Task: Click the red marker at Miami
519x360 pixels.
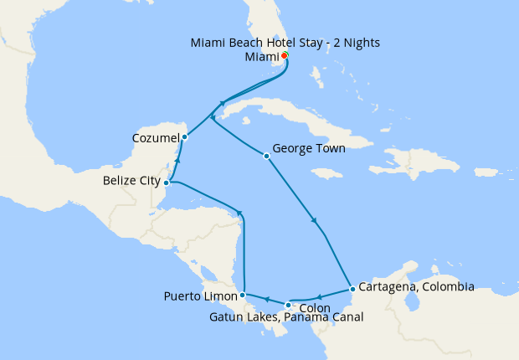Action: (x=285, y=55)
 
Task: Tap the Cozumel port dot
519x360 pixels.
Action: (x=184, y=136)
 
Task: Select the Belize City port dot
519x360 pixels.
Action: (x=167, y=182)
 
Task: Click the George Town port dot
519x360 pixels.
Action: (x=266, y=156)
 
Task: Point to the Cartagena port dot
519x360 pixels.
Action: (x=352, y=289)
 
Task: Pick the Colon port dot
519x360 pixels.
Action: (x=288, y=305)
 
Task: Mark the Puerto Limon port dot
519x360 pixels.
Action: (x=242, y=295)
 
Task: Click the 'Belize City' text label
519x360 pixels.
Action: (x=131, y=179)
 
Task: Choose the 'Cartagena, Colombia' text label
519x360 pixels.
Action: (x=417, y=286)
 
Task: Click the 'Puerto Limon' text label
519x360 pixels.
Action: (x=200, y=295)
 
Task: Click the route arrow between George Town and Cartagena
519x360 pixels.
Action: (x=314, y=221)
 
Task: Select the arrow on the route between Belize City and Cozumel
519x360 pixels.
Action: (x=177, y=158)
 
